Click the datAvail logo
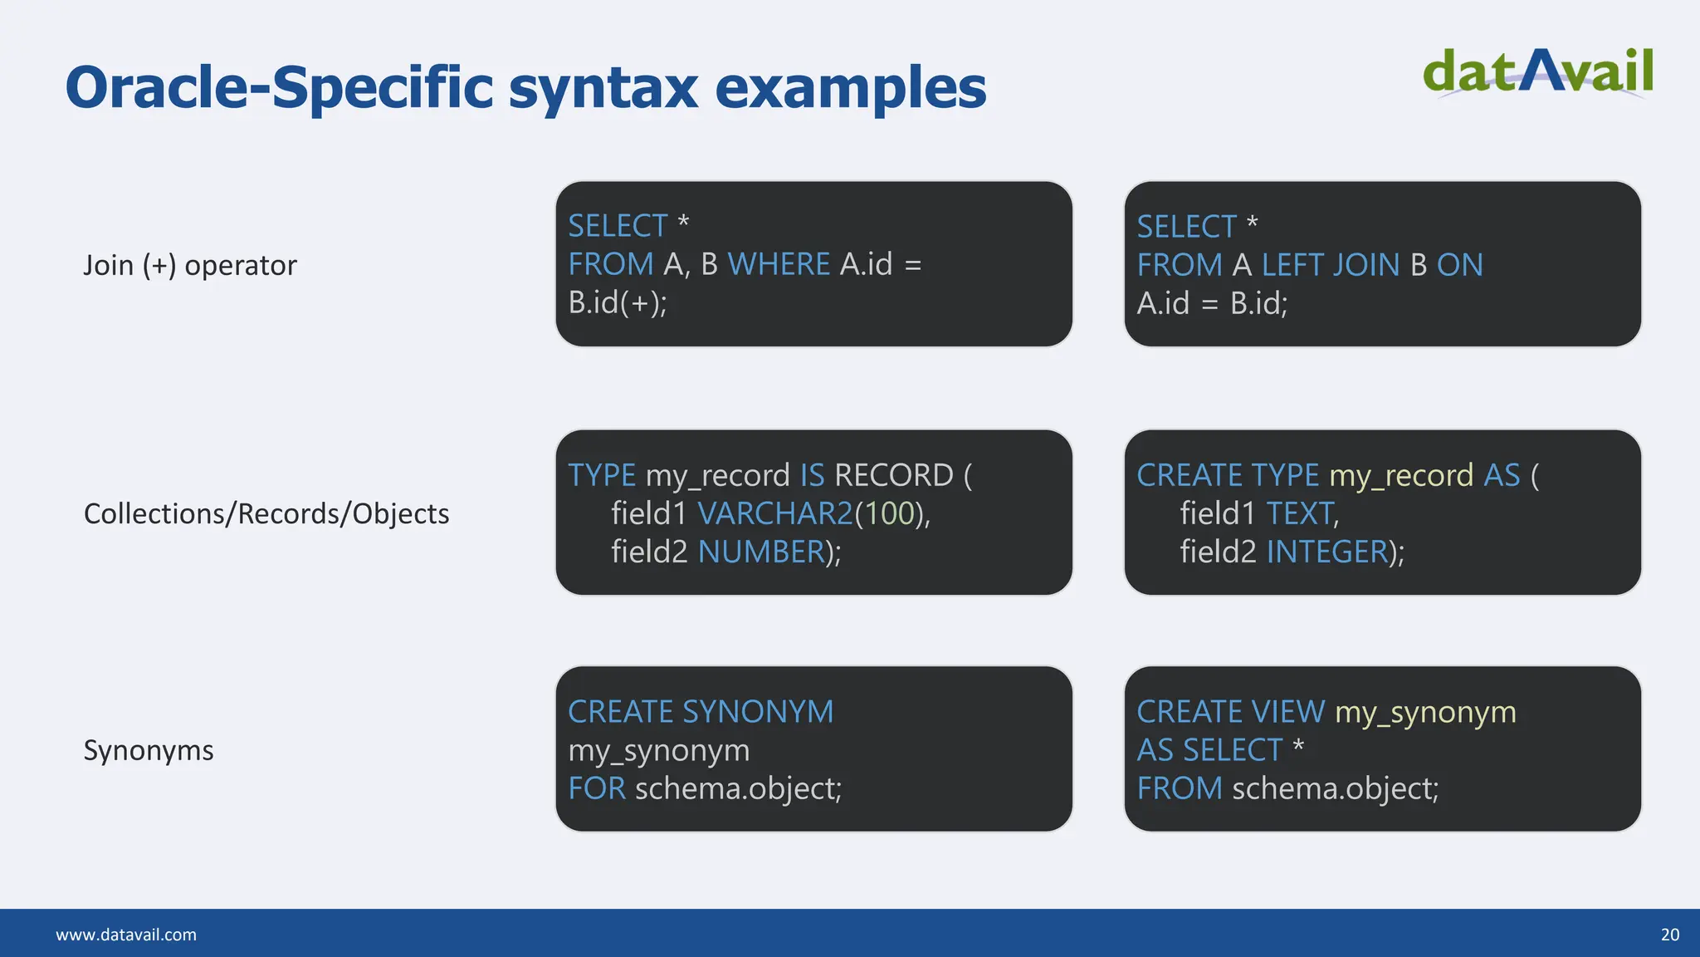tap(1537, 72)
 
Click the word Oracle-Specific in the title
tap(278, 87)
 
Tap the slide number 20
tap(1669, 935)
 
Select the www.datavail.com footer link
tap(126, 935)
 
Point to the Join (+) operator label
tap(189, 266)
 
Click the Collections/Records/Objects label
tap(266, 514)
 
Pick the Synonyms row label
tap(149, 751)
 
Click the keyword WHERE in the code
tap(779, 265)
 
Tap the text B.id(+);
tap(618, 303)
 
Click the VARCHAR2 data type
tap(774, 514)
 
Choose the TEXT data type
tap(1300, 514)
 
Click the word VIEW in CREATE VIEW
tap(1288, 713)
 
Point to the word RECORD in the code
tap(894, 476)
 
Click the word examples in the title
tap(850, 87)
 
